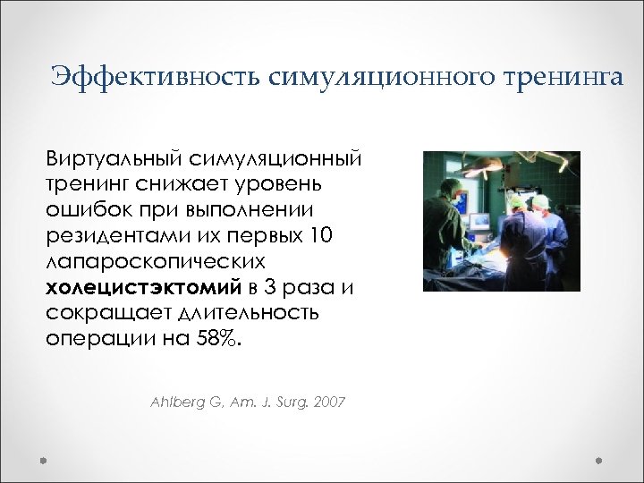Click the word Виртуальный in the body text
(114, 159)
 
